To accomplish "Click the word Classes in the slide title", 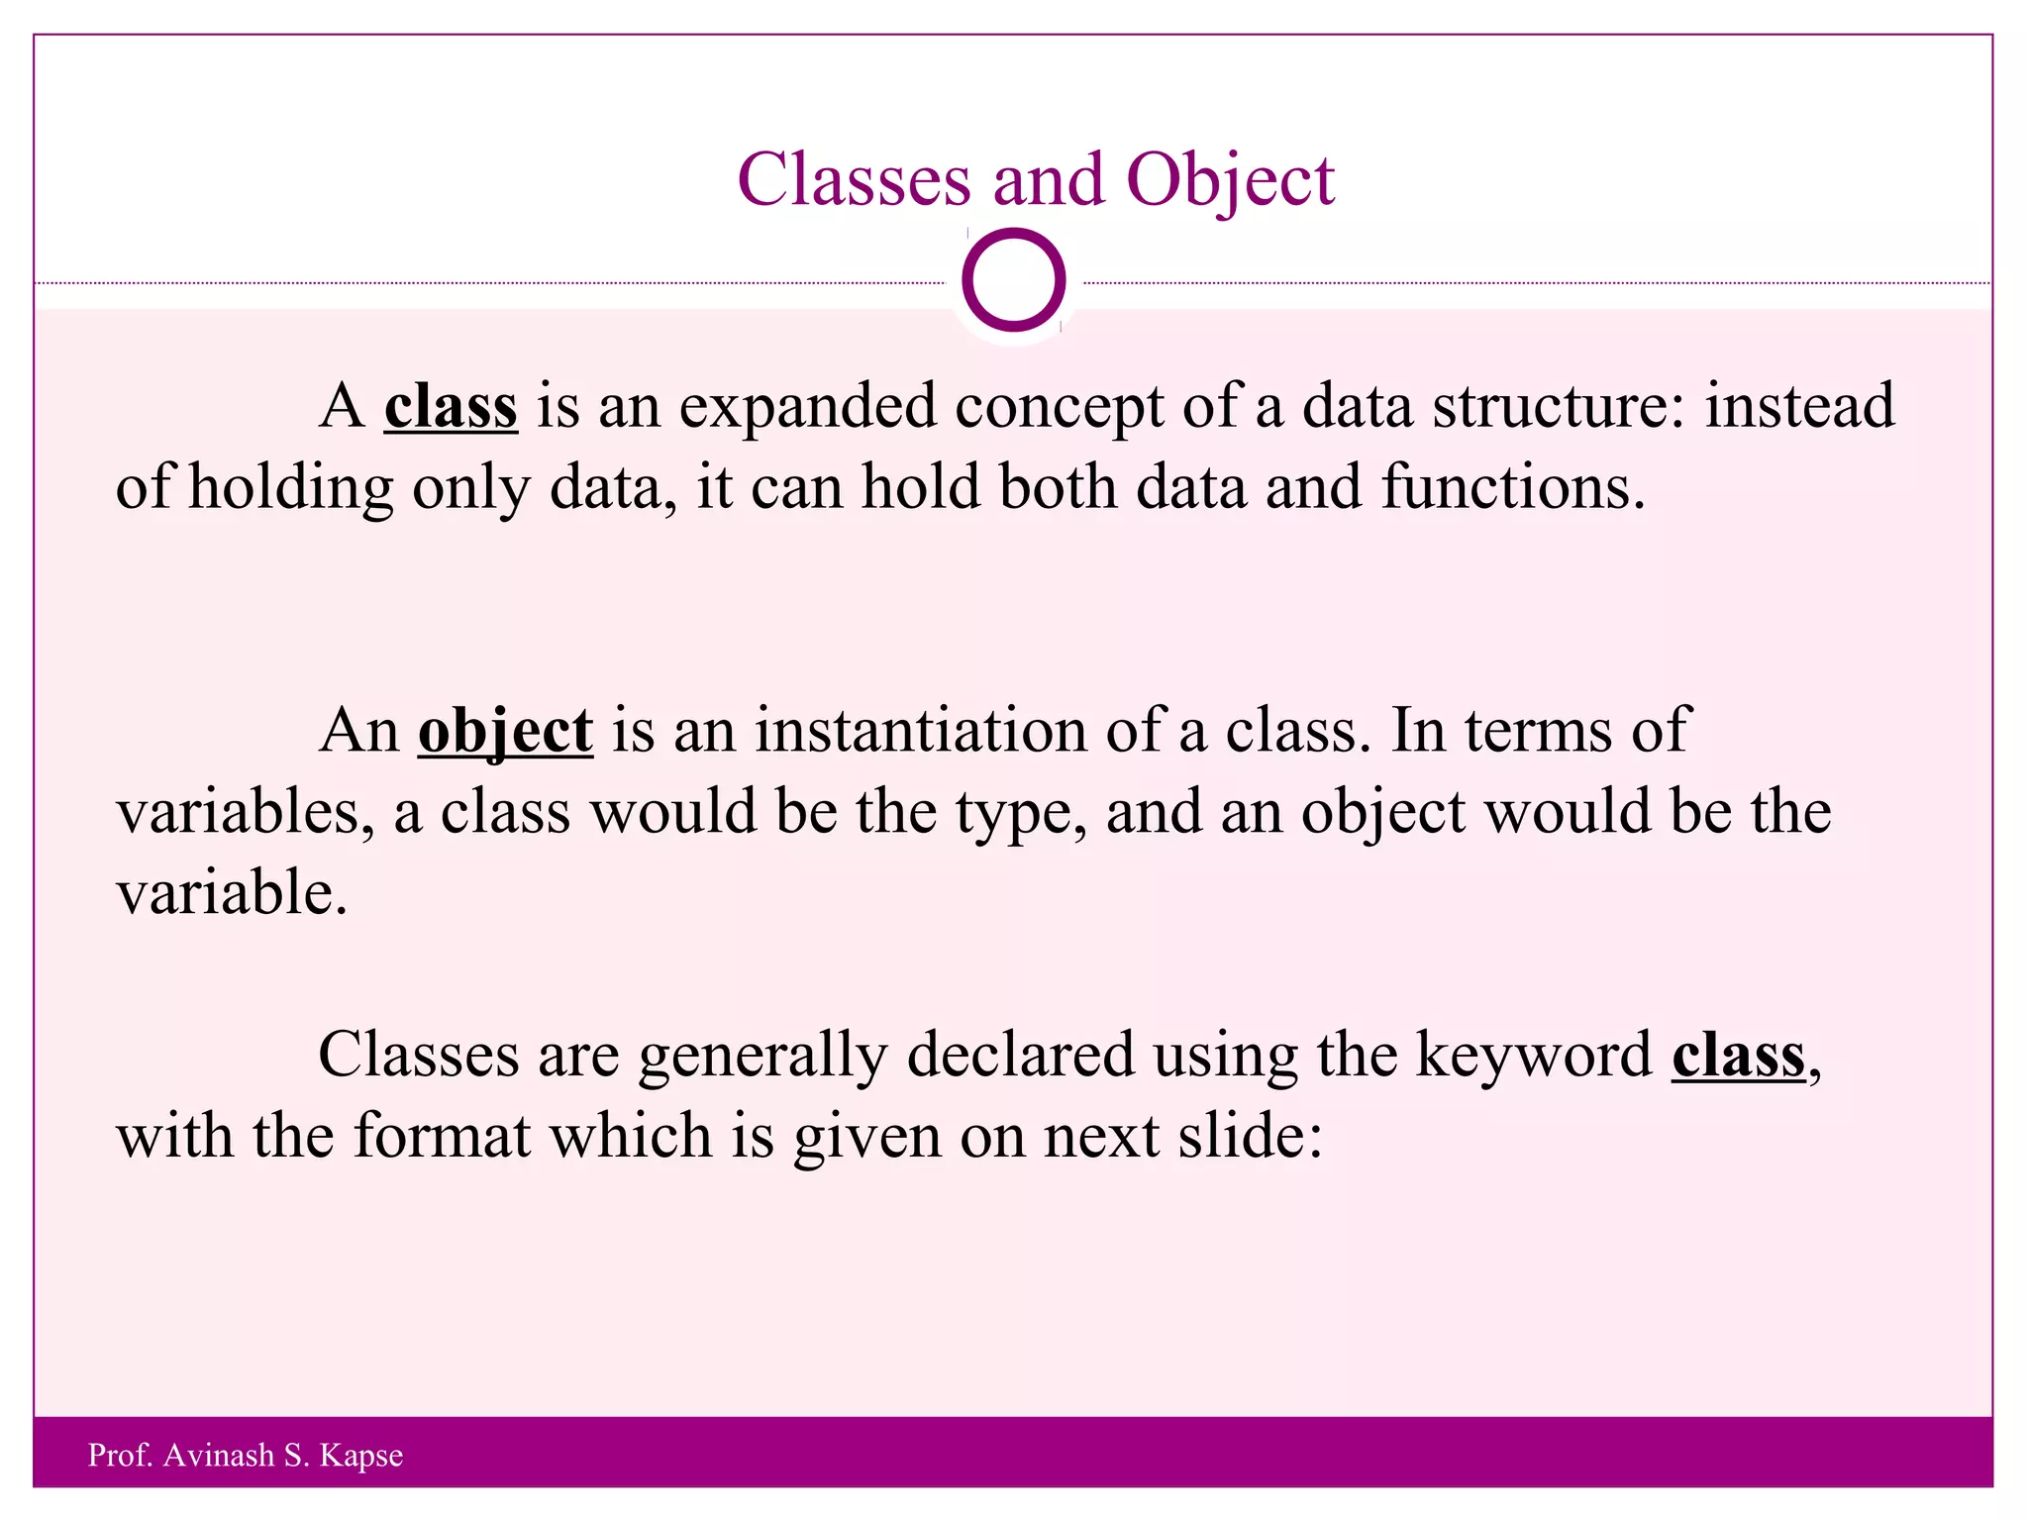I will tap(854, 180).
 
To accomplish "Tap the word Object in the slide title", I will tap(1230, 180).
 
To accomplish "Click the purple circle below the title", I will tap(1013, 280).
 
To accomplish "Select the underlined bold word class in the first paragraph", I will tap(451, 406).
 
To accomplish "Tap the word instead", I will tap(1798, 406).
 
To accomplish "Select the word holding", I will tap(290, 487).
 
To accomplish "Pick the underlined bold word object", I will tap(505, 731).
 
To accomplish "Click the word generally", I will tap(762, 1055).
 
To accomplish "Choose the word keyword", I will tap(1534, 1055).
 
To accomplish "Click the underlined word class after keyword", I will tap(1738, 1055).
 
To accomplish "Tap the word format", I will tap(442, 1136).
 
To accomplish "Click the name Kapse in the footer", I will tap(361, 1456).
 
